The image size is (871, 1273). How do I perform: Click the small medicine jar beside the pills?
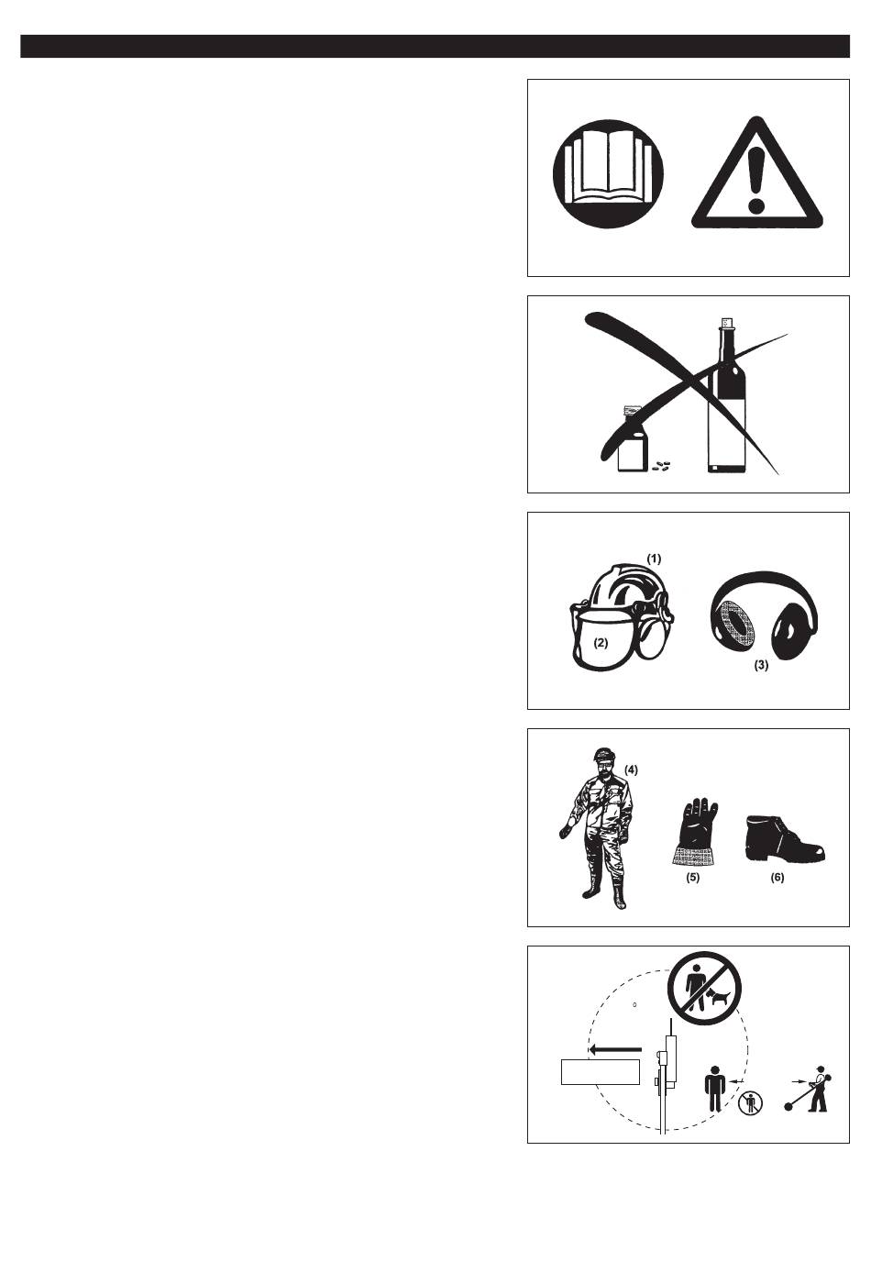[x=632, y=440]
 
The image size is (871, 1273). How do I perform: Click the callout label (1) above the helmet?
[x=654, y=559]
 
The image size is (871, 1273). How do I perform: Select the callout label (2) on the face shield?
[x=601, y=643]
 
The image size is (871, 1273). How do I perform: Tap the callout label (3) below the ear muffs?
[x=761, y=665]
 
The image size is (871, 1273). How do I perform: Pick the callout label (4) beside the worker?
[x=631, y=770]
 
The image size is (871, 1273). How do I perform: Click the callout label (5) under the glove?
[x=692, y=877]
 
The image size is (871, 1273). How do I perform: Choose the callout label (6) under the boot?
[x=777, y=877]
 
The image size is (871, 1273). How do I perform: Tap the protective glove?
[x=694, y=832]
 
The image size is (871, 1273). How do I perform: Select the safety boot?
[x=785, y=837]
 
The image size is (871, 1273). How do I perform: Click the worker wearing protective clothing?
[x=597, y=828]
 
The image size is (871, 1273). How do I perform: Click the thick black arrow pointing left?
[x=615, y=1049]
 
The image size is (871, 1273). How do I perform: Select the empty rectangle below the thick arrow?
[x=601, y=1072]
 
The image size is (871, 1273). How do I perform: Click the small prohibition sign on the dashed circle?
[x=750, y=1103]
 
